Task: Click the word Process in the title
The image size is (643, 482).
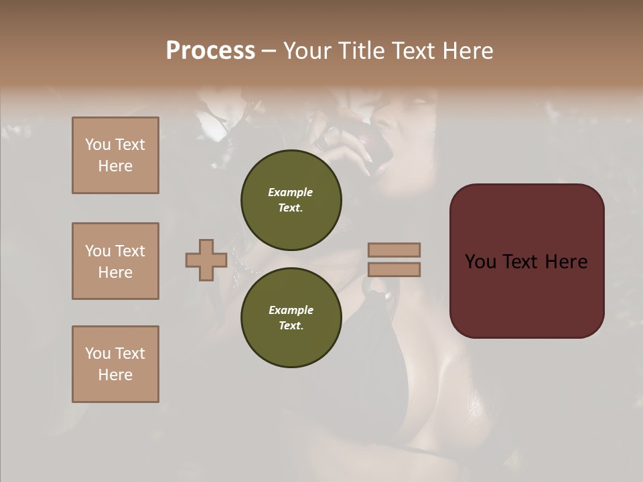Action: pos(210,51)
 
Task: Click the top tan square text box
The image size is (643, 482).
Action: pos(115,155)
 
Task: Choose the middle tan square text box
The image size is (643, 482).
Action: pos(115,261)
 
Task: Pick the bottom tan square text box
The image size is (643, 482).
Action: pos(115,364)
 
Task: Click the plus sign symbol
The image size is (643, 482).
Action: pos(206,260)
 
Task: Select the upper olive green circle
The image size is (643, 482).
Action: pos(291,199)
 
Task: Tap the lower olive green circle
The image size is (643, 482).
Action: pos(291,317)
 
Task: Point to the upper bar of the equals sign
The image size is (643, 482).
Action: pos(394,250)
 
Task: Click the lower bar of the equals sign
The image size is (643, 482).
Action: pos(394,270)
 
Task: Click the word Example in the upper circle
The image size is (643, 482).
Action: pos(291,192)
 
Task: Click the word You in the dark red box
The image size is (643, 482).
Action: pos(480,262)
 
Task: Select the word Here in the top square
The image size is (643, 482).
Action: pos(115,166)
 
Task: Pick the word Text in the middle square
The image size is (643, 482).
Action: pos(130,251)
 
